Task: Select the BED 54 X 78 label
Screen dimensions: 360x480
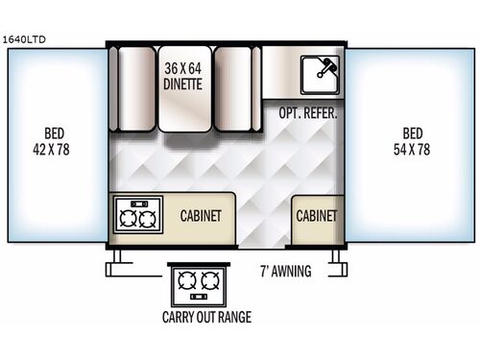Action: click(413, 142)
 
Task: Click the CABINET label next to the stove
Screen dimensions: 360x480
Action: click(201, 215)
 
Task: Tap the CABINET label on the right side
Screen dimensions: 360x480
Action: click(315, 215)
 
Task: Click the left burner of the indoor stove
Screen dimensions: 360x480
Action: click(125, 219)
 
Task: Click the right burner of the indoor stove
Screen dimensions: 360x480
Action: click(146, 219)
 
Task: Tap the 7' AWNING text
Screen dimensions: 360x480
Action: click(286, 271)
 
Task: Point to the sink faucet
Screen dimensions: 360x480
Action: click(325, 64)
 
